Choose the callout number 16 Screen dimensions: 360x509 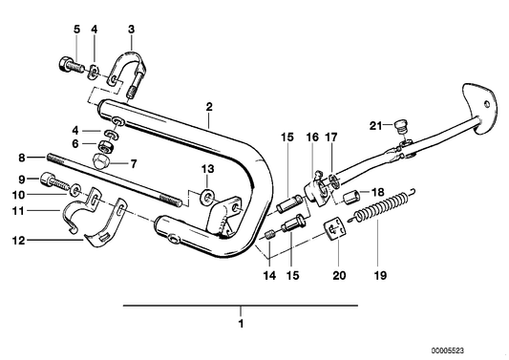point(311,138)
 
